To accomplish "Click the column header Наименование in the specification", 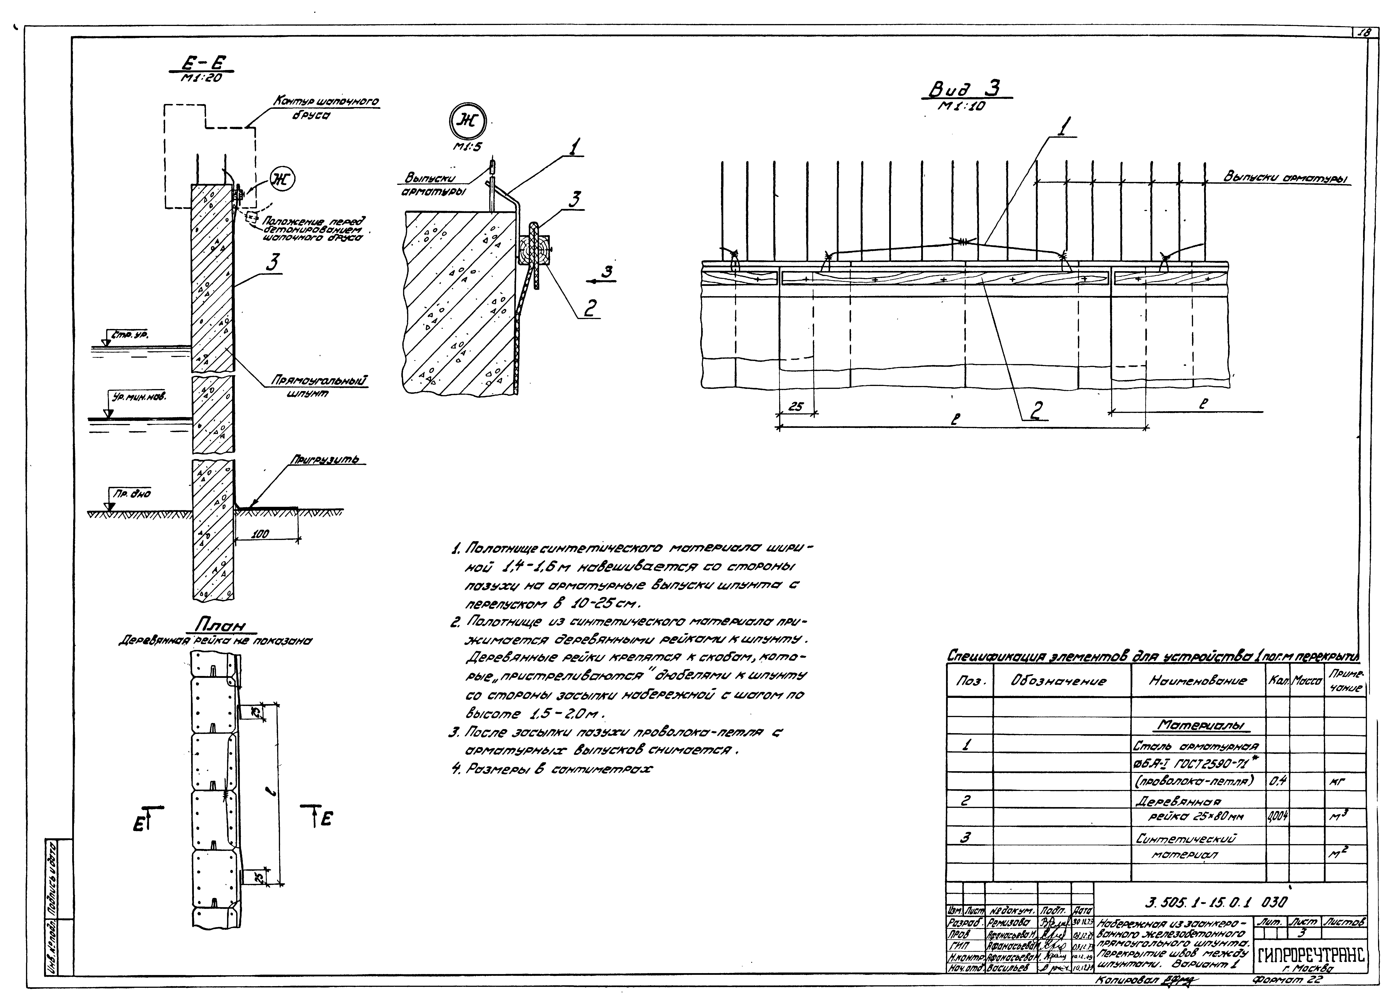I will click(1198, 681).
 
